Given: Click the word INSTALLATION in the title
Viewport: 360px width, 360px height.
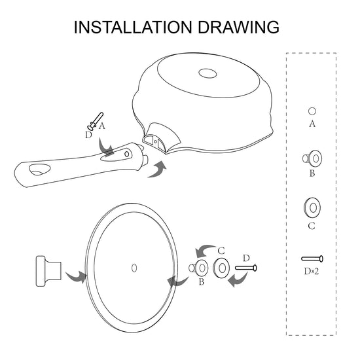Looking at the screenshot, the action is point(133,27).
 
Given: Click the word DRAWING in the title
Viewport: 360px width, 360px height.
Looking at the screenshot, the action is point(238,27).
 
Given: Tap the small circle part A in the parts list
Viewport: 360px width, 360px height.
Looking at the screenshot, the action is point(312,111).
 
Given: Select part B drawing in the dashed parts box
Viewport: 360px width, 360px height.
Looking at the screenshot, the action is point(312,158).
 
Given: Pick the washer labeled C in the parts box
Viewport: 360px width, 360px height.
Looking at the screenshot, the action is point(312,207).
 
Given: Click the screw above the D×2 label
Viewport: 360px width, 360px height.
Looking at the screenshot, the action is point(312,259).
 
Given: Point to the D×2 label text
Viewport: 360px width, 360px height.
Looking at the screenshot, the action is point(312,272).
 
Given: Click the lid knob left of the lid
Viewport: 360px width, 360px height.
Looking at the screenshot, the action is point(48,271).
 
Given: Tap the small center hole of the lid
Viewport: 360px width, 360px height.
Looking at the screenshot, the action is point(134,268).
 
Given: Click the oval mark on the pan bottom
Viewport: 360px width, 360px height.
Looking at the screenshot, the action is point(207,73).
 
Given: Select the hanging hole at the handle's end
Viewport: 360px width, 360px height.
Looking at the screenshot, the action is point(39,170).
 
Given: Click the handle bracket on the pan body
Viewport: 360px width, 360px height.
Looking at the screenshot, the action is point(161,137).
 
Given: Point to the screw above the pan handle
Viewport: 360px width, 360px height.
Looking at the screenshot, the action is point(95,122).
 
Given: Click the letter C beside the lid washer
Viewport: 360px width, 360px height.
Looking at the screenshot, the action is point(221,251).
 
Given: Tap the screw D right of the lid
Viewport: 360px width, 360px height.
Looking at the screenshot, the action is point(246,268).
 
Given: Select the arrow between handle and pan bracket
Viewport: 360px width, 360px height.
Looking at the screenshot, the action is point(157,170).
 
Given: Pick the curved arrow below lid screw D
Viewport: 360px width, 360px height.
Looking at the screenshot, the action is point(238,279).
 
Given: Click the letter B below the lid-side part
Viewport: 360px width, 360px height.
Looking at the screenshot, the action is point(202,281).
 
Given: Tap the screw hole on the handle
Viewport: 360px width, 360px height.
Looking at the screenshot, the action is point(127,154).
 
